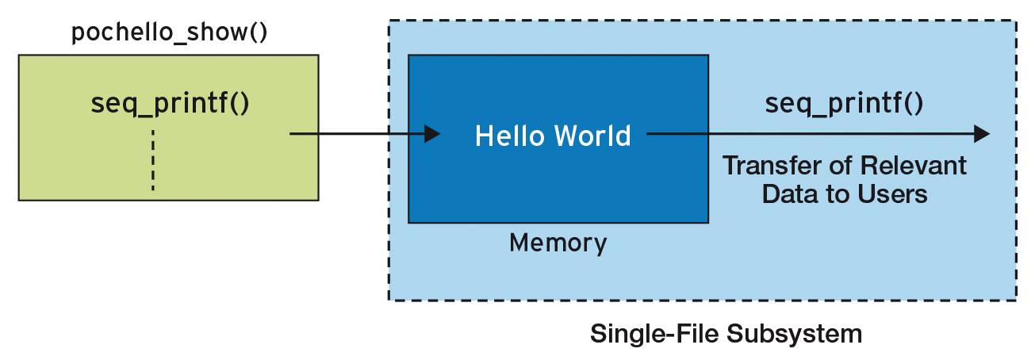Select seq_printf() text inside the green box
171,104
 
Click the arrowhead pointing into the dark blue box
431,134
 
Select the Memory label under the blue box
558,243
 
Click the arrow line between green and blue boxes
357,134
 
